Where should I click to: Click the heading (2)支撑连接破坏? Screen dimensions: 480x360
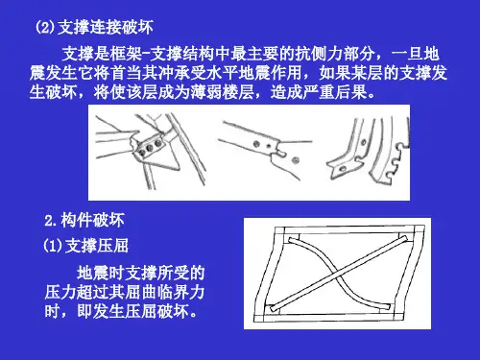[x=94, y=27]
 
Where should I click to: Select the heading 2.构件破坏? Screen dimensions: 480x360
[x=84, y=221]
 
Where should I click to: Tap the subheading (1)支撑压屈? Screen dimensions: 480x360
[x=85, y=246]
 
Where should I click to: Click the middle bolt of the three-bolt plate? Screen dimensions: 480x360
[x=150, y=148]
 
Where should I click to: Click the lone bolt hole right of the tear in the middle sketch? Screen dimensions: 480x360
[x=296, y=159]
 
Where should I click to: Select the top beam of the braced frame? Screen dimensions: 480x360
[x=349, y=230]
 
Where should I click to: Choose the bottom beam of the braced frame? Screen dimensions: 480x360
[x=328, y=318]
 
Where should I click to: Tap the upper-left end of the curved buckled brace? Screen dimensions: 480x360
[x=291, y=240]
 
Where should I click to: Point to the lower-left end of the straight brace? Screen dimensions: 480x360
[x=274, y=308]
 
